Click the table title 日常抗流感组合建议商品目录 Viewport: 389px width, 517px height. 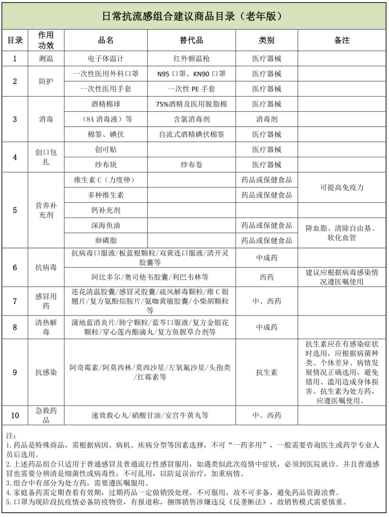192,16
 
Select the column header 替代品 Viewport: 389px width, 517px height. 191,40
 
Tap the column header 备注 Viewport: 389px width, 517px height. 342,40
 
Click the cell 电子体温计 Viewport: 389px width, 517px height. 106,59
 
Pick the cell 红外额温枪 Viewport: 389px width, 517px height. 191,59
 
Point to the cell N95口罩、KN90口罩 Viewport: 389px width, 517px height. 191,74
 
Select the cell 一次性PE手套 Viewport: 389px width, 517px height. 191,89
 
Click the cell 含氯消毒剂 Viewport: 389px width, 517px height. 191,119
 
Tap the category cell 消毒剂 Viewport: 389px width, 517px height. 266,119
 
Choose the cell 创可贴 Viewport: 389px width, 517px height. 106,150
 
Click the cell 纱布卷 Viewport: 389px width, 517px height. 191,165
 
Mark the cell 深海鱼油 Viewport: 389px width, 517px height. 106,225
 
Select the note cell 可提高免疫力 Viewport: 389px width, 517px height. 342,187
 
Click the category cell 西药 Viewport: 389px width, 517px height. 266,277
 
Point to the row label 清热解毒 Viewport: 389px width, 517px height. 46,327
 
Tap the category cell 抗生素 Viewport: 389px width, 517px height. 266,372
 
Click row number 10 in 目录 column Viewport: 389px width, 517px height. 15,415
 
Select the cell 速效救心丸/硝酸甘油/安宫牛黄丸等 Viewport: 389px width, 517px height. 150,415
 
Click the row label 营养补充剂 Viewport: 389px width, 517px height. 46,210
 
